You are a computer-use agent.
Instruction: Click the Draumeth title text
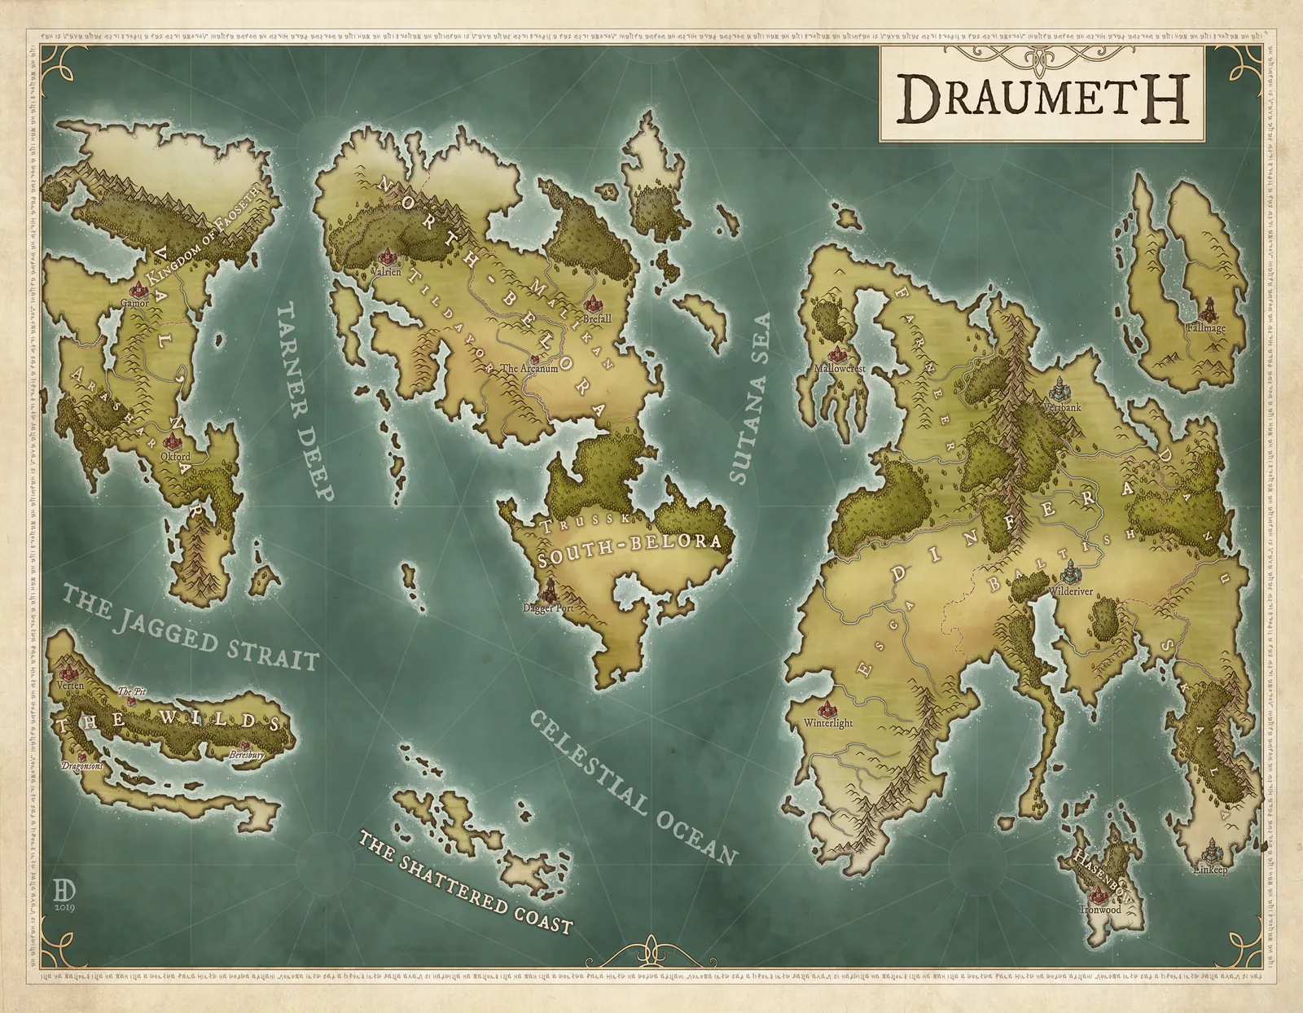coord(1033,99)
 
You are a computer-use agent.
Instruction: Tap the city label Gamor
coord(134,302)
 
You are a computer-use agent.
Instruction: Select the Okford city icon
coord(173,443)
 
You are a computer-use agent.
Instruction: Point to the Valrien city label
coord(386,272)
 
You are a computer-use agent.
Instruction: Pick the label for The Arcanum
coord(529,368)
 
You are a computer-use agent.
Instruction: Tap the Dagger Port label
coord(548,607)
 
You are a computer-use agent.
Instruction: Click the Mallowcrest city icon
coord(836,354)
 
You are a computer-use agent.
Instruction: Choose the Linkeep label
coord(1210,870)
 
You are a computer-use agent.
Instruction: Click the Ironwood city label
coord(1100,910)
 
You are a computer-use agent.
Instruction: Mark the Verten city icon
coord(70,672)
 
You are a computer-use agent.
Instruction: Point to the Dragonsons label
coord(82,766)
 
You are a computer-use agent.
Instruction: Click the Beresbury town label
coord(247,755)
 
